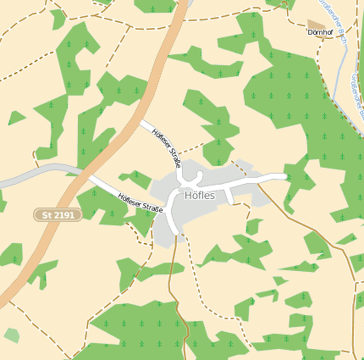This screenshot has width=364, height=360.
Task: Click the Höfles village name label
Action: (199, 196)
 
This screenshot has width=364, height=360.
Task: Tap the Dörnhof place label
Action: (321, 33)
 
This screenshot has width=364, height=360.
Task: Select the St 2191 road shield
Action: (58, 216)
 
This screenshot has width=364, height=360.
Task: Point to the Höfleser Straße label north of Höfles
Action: (166, 147)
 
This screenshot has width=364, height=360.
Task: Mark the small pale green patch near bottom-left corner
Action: (11, 335)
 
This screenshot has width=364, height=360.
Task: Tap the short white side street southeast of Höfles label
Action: (229, 197)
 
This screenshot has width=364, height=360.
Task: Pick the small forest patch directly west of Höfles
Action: (135, 180)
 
